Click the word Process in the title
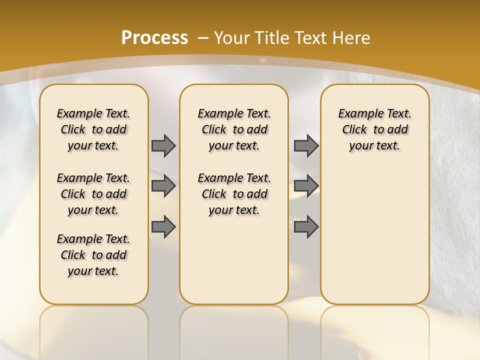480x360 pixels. pos(154,38)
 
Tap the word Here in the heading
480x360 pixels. pos(352,38)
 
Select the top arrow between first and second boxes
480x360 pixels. pos(163,145)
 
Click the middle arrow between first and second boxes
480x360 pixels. pos(163,186)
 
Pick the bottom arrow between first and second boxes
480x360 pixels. pos(163,227)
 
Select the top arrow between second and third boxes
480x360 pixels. pos(306,145)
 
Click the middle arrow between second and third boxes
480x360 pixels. pos(306,186)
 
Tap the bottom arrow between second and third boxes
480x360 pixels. pos(306,227)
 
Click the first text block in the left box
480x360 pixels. pos(93,129)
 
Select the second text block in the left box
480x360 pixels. pos(93,194)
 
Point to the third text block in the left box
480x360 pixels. pos(93,255)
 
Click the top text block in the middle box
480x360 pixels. pos(234,129)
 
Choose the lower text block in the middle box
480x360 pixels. pos(234,194)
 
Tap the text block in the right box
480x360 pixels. pos(374,129)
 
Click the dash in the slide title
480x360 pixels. pos(203,38)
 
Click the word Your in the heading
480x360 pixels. pos(232,38)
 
